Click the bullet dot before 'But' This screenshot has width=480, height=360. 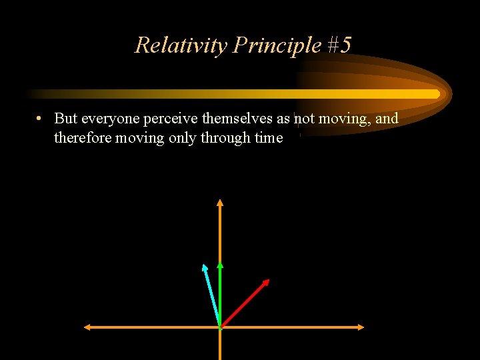(41, 119)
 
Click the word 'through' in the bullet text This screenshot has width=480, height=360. (227, 138)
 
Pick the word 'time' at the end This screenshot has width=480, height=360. (268, 138)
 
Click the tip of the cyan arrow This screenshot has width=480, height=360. (204, 266)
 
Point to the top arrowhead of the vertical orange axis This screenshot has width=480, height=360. (220, 201)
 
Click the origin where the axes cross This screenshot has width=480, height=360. (220, 327)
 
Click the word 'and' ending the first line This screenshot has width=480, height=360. (387, 119)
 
